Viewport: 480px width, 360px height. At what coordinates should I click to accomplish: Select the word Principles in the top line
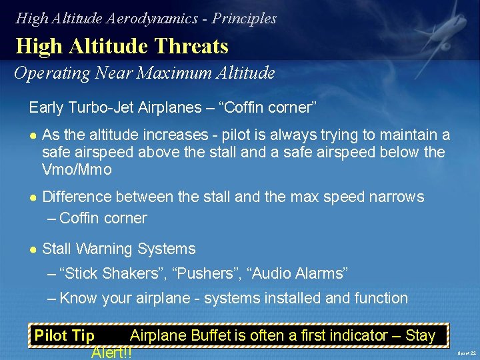coord(244,18)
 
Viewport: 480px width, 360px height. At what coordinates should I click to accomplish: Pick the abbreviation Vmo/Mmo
coord(77,169)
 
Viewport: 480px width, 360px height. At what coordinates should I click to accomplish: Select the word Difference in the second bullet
coord(77,197)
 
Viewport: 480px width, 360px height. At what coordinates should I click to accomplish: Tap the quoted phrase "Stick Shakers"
coord(112,273)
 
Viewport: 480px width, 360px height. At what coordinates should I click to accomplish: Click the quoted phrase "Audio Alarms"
coord(297,273)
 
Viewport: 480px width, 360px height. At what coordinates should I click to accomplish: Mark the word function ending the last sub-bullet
coord(379,298)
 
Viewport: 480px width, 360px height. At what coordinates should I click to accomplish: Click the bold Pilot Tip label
coord(64,335)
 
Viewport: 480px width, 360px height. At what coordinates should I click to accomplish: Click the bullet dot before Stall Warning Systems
coord(33,249)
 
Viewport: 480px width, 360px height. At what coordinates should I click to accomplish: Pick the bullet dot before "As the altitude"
coord(33,135)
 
